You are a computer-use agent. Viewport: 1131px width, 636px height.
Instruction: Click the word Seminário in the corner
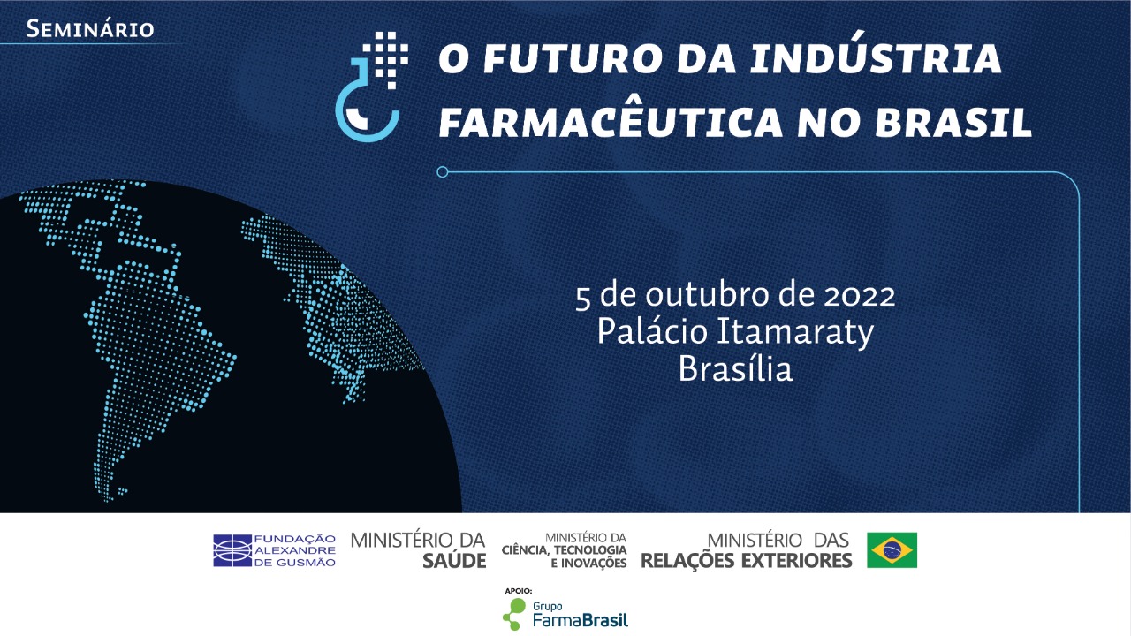(90, 28)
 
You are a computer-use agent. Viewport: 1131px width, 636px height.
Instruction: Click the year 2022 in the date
(859, 295)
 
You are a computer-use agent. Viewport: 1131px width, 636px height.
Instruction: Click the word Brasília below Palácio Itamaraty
(735, 369)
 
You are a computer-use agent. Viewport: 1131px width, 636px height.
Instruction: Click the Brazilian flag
(892, 549)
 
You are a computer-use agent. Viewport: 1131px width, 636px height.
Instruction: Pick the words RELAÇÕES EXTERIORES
(746, 560)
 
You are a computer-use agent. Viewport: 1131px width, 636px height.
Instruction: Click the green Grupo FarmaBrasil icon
(513, 613)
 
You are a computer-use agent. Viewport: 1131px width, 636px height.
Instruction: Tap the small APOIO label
(518, 590)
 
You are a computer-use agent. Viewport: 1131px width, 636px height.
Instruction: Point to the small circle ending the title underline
(443, 171)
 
